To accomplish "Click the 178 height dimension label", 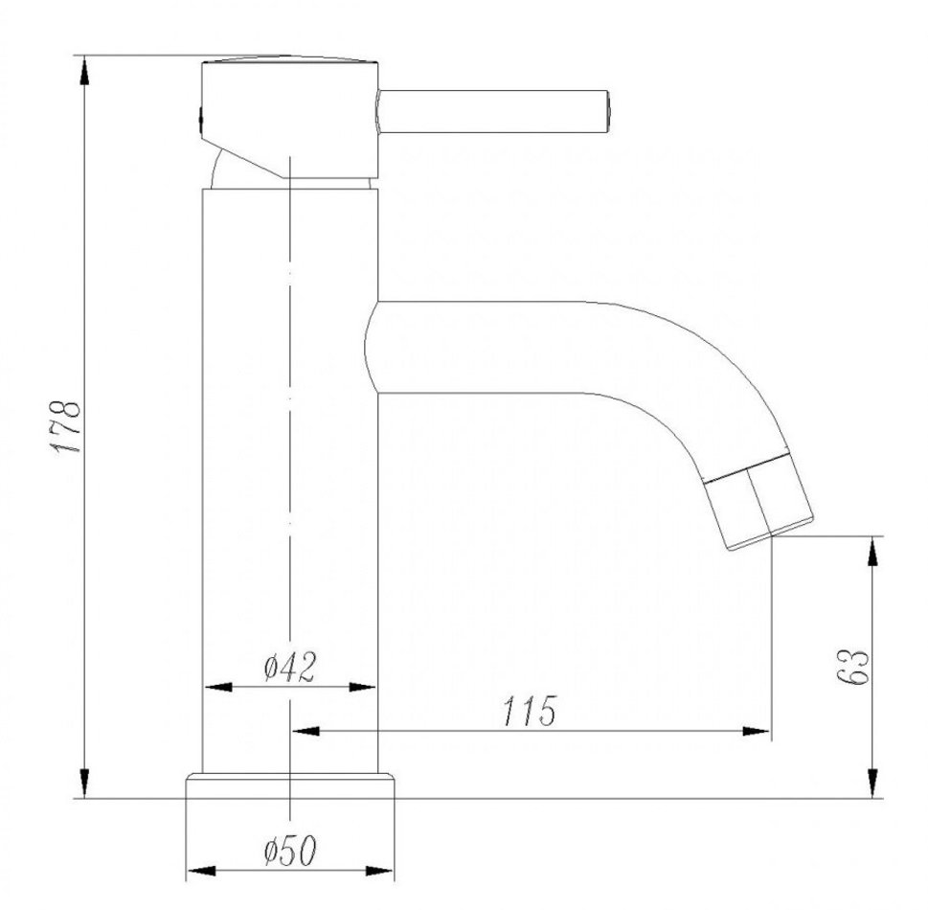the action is click(x=65, y=427).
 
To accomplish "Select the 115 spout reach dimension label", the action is click(x=530, y=711).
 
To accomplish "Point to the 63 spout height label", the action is click(x=853, y=668).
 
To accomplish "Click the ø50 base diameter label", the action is click(x=290, y=851).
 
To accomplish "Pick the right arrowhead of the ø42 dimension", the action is click(x=362, y=688).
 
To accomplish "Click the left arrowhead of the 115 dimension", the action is click(x=306, y=731).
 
